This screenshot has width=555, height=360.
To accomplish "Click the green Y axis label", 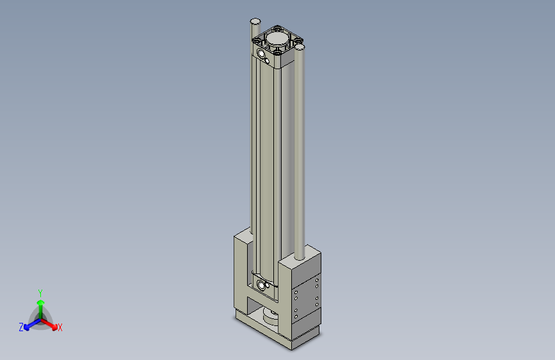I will point(40,292).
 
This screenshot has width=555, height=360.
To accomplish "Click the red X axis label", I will point(60,328).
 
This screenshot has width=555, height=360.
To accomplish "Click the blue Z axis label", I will point(21,327).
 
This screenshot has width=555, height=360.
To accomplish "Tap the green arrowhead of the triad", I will point(40,302).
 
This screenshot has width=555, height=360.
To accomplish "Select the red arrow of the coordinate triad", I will point(51,324).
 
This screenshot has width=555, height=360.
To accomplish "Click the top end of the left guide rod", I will point(255,21).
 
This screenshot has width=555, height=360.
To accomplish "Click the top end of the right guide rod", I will point(298,47).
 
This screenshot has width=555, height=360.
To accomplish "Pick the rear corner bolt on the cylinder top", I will point(278,28).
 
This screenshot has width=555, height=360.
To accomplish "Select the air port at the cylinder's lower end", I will point(261,284).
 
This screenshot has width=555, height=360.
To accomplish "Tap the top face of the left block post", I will point(244,236).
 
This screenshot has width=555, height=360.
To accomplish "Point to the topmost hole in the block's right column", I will point(317,282).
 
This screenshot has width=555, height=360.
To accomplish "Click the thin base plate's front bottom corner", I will point(291,349).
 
